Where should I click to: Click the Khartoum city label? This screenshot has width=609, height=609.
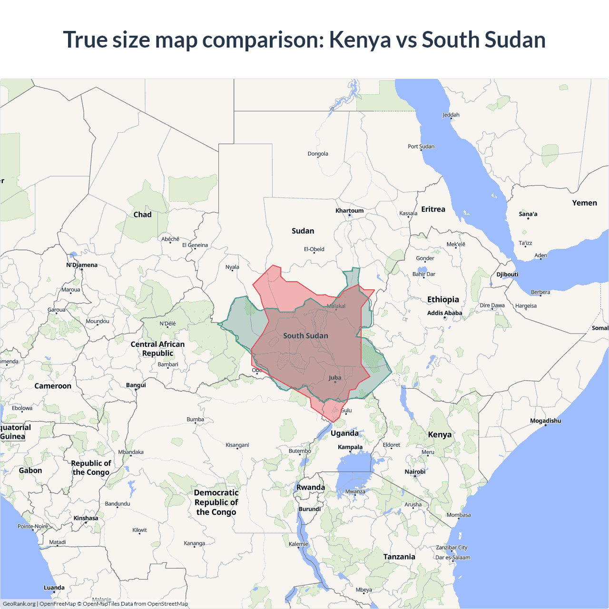349,211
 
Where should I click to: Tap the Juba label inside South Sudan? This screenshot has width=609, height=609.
335,378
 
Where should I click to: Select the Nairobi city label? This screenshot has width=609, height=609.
415,471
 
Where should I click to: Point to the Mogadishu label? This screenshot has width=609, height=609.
545,421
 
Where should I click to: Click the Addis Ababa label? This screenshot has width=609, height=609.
444,313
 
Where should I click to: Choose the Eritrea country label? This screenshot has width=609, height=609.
433,209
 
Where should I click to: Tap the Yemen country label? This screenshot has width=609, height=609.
584,203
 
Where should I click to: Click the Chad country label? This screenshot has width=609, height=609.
142,215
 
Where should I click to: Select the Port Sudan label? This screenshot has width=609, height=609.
421,147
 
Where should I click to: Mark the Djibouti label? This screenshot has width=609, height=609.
507,275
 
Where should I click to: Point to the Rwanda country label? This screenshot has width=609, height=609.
310,487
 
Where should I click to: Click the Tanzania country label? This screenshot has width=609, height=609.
399,557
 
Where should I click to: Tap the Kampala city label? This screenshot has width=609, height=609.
350,447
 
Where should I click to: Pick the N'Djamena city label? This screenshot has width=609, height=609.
81,265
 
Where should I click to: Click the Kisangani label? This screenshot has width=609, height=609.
237,445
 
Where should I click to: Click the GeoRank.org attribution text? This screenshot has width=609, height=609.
19,604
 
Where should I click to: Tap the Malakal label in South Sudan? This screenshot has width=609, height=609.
336,306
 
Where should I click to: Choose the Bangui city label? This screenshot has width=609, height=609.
136,385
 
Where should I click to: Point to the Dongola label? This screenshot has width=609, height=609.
317,154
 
